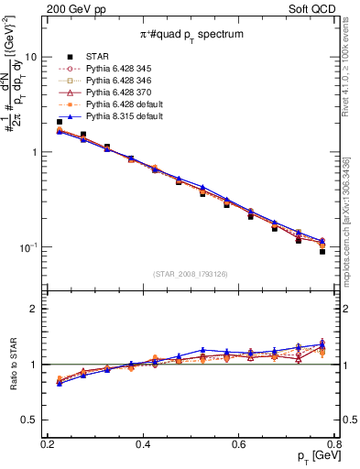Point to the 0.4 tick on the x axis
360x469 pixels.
(143, 445)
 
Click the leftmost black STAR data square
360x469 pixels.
(60, 122)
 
